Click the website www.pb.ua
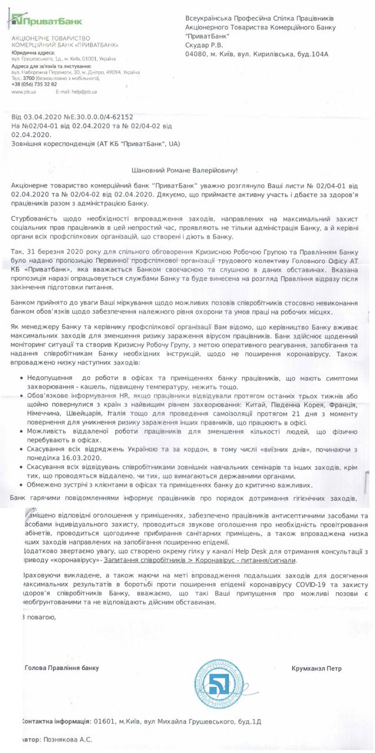(x=24, y=92)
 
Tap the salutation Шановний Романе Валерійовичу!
(x=187, y=169)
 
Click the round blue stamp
(x=219, y=684)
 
